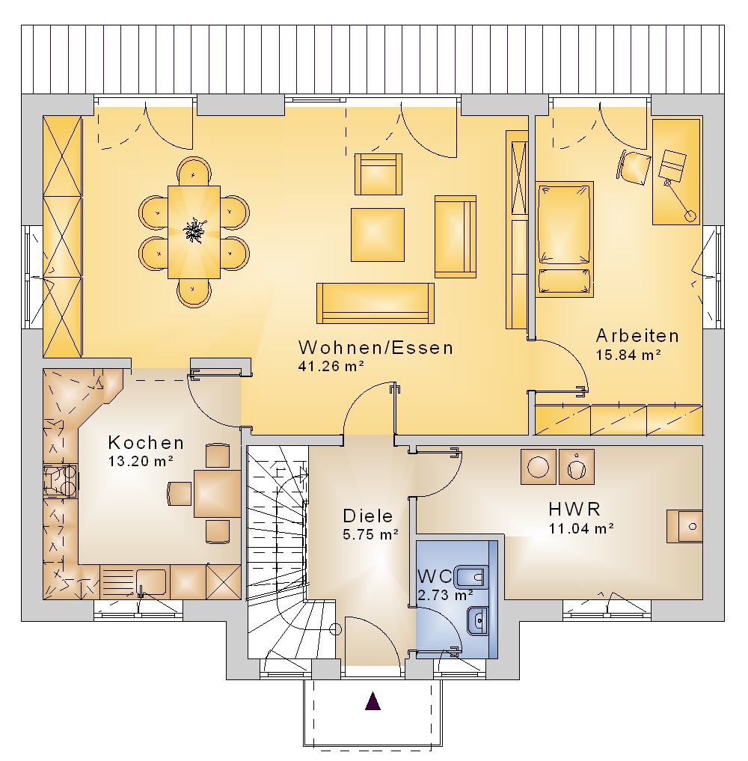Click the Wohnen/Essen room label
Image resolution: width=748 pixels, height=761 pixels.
(375, 347)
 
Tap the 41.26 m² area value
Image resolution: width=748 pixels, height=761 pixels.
(331, 366)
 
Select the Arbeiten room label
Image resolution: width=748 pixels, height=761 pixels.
(637, 336)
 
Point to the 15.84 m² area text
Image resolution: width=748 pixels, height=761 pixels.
(628, 355)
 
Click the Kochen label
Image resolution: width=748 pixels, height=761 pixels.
(146, 443)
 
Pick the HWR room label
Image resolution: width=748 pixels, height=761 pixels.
(574, 509)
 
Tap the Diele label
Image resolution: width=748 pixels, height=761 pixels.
(368, 516)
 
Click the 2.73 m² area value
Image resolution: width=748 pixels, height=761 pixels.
(445, 595)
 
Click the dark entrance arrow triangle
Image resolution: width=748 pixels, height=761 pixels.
(373, 701)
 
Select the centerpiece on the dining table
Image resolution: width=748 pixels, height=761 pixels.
(194, 230)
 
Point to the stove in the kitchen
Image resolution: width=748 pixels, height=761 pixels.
(60, 480)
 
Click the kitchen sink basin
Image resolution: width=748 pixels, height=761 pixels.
(151, 582)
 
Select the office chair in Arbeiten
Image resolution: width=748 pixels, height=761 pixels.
(634, 168)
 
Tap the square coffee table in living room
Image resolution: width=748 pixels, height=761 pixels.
(378, 235)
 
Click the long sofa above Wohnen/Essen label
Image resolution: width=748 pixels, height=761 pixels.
(375, 303)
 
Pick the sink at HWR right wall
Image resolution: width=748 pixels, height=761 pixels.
(684, 526)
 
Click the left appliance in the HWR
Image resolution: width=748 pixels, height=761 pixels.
(538, 467)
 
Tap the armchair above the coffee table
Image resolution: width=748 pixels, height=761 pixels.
(378, 174)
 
